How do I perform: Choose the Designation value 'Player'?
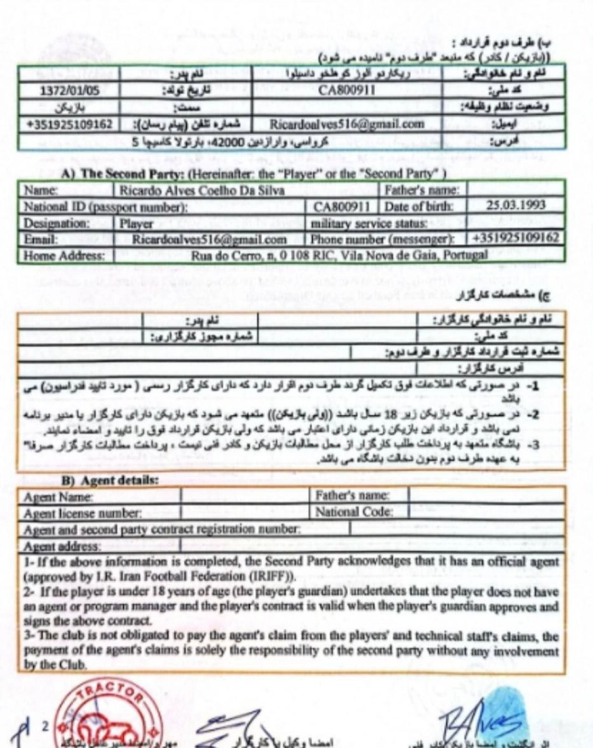pos(137,223)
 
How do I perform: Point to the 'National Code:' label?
pos(352,514)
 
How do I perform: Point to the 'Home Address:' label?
pos(61,255)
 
